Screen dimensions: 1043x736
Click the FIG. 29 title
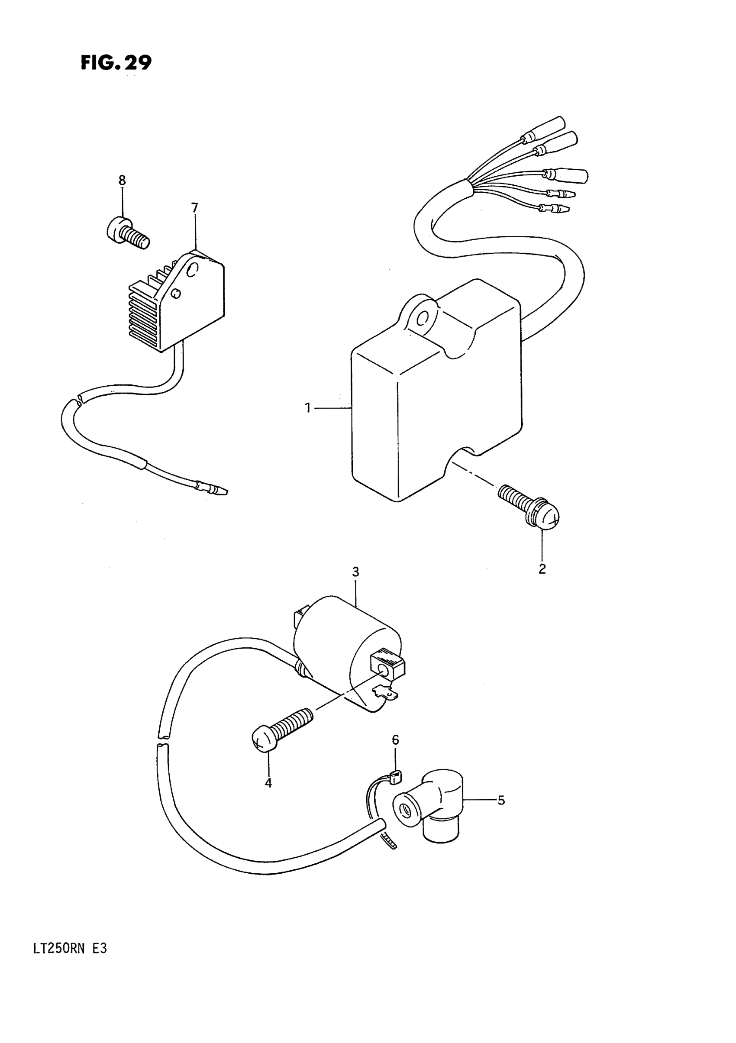116,63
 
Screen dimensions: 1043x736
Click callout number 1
308,408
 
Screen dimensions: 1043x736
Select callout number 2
542,568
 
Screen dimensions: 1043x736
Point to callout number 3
355,572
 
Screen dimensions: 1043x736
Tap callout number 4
268,783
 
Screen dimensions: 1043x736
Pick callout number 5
500,800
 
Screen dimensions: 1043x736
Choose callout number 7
194,208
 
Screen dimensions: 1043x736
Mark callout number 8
122,181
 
